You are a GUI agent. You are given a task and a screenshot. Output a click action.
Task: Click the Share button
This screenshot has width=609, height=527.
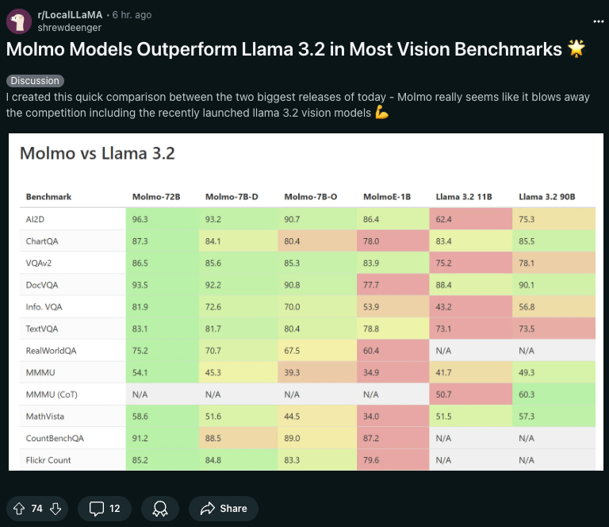(224, 508)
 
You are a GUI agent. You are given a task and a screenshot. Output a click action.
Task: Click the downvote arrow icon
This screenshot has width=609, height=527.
(56, 508)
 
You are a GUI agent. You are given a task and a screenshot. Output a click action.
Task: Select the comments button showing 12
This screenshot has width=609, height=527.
(105, 508)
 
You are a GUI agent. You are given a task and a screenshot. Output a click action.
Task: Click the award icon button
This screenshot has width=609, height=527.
(160, 508)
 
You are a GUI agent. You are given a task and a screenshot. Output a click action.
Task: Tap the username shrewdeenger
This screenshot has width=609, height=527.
(70, 27)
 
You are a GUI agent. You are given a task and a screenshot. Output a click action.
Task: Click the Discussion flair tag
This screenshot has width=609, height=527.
(35, 81)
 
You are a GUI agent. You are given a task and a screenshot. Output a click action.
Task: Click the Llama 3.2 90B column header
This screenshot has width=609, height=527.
(546, 197)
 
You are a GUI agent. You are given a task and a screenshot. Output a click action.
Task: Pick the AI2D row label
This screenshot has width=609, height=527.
(36, 218)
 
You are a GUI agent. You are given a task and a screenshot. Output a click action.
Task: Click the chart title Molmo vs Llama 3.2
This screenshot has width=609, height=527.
(97, 153)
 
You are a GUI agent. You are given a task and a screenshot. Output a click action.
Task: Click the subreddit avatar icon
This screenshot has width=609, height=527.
(18, 21)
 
